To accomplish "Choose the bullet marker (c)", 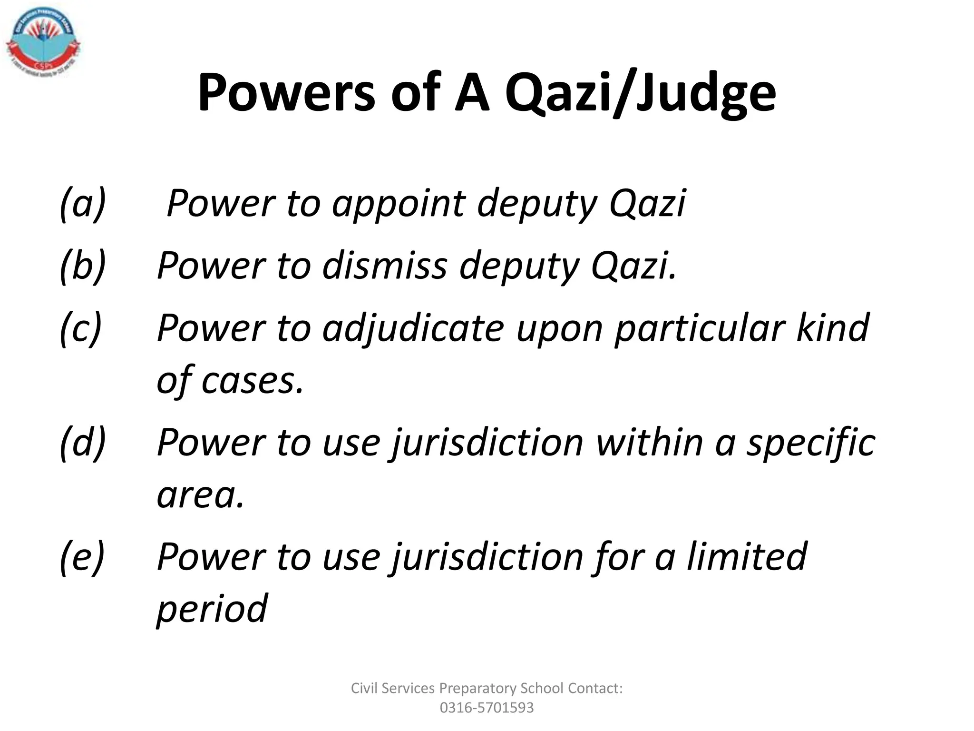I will (81, 328).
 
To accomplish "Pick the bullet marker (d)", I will (83, 443).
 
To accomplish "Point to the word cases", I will (252, 381).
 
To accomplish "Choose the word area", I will (200, 495).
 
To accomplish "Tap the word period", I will (212, 610).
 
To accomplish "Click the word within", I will (649, 443).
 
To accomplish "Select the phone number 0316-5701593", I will (487, 708).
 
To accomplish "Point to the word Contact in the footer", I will (595, 688).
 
